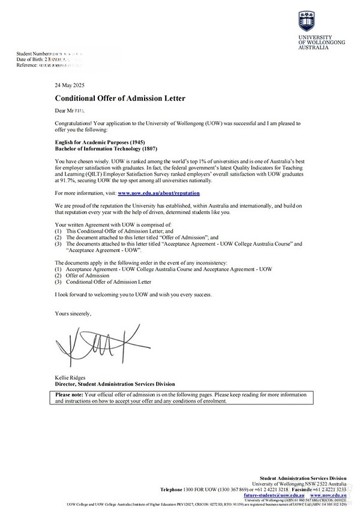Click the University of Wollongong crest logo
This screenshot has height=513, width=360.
point(305,22)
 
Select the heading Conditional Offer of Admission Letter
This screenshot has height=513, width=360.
point(120,98)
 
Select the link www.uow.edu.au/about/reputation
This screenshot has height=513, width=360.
point(158,193)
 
